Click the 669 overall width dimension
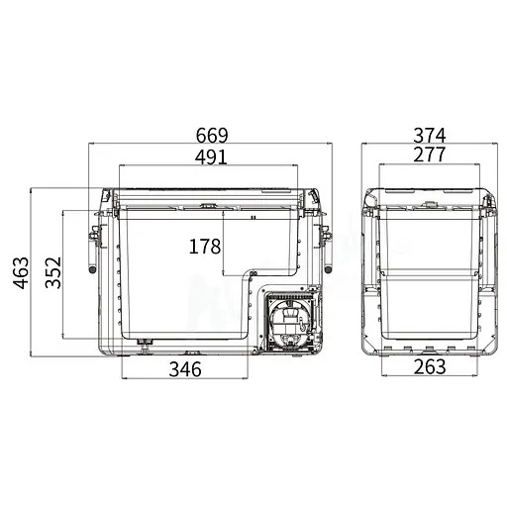pyautogui.click(x=212, y=135)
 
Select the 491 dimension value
pyautogui.click(x=211, y=156)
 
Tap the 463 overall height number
pyautogui.click(x=21, y=272)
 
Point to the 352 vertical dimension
pyautogui.click(x=53, y=272)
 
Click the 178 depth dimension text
pyautogui.click(x=205, y=247)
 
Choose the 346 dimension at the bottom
pyautogui.click(x=185, y=369)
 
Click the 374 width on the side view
pyautogui.click(x=430, y=135)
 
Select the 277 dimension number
pyautogui.click(x=430, y=154)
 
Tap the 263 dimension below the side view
pyautogui.click(x=430, y=366)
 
